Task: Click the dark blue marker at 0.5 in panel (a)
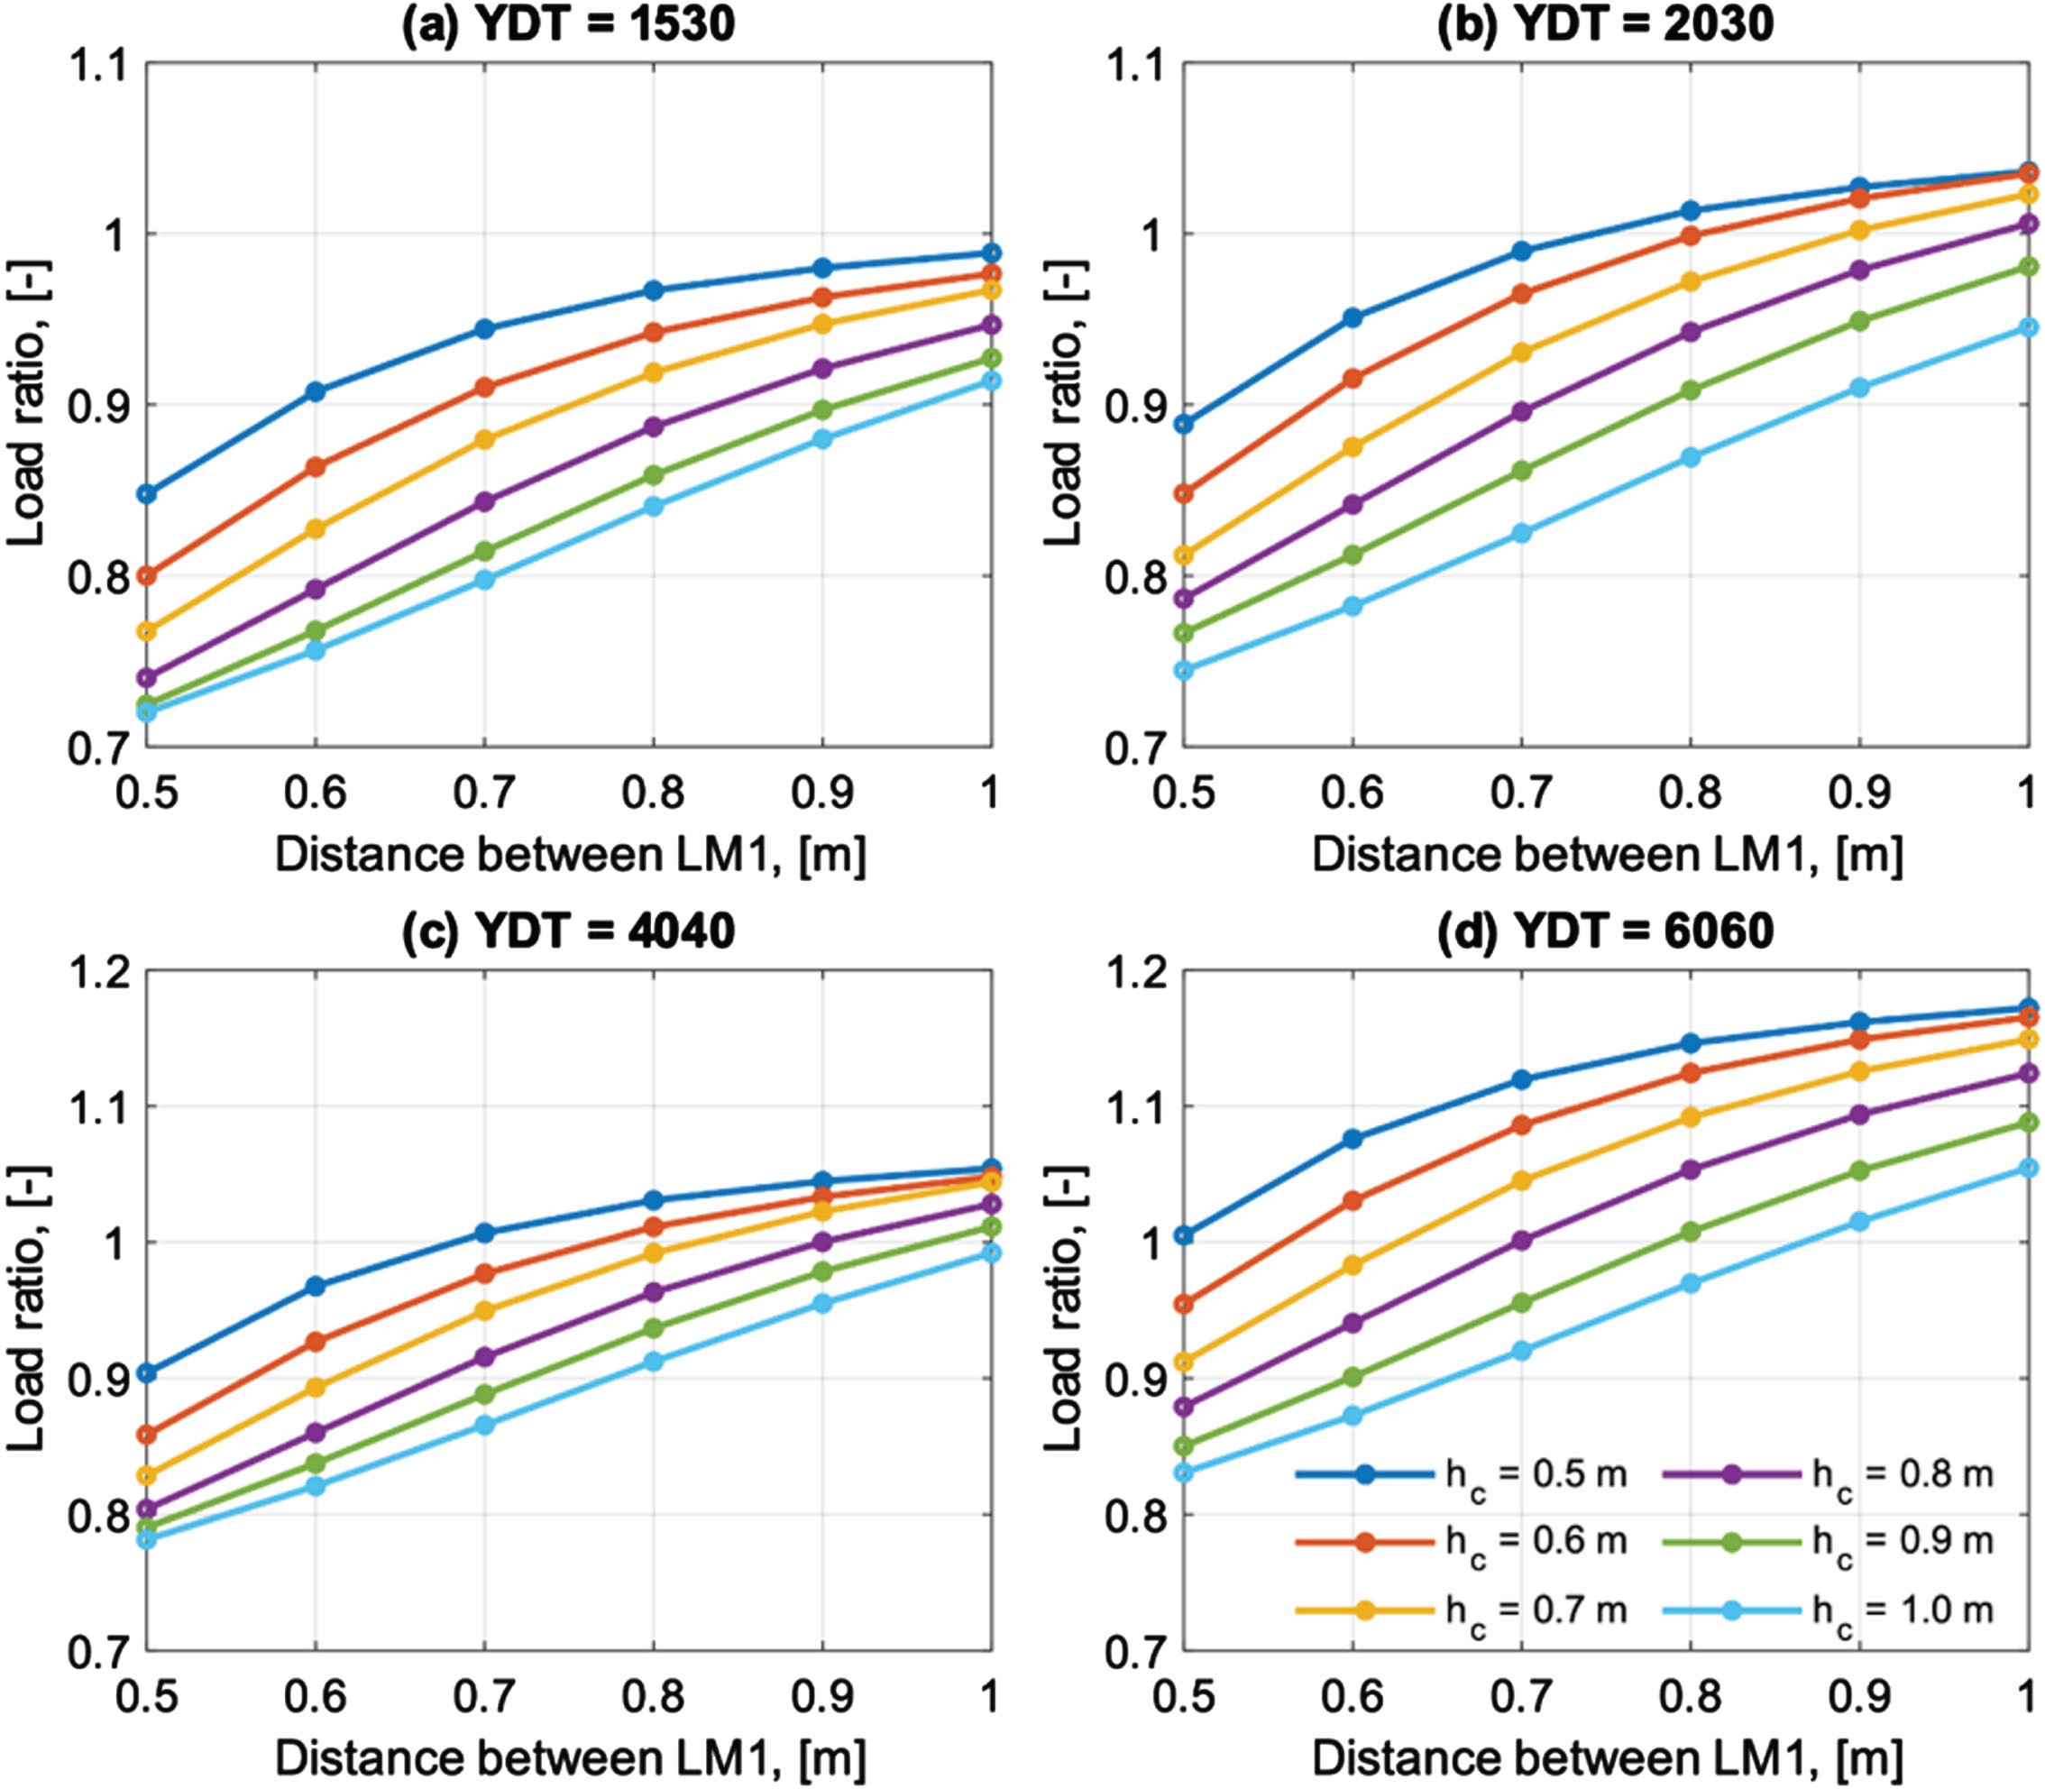[147, 494]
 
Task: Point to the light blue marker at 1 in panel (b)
[2027, 327]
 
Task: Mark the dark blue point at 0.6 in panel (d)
[1353, 1139]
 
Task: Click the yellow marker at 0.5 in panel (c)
[147, 1475]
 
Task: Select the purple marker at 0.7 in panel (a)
[484, 501]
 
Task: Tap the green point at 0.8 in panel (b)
[1691, 390]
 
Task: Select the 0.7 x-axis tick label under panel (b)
[1521, 794]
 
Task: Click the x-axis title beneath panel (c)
[570, 1758]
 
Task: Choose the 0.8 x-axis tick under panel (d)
[1691, 1697]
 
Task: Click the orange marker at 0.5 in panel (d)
[1185, 1304]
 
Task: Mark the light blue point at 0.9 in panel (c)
[822, 1304]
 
